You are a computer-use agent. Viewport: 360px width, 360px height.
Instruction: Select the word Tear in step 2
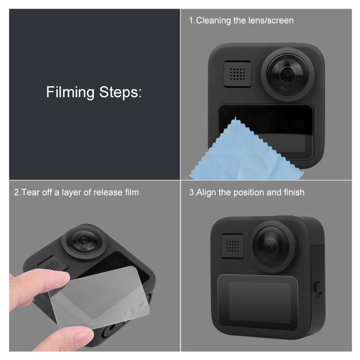(30, 193)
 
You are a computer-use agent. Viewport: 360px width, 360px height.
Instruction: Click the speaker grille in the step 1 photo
(237, 73)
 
